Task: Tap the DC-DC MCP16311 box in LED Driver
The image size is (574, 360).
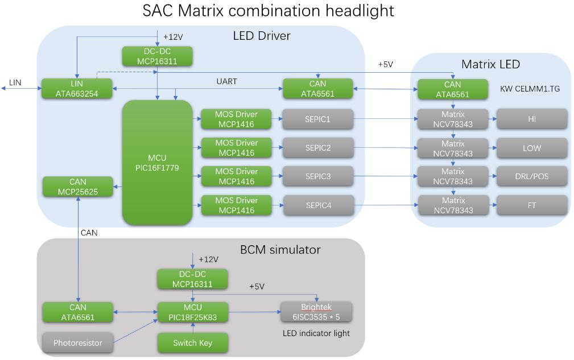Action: pos(157,56)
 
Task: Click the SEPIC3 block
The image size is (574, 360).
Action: pos(318,176)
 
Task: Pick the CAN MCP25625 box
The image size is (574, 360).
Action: pos(77,187)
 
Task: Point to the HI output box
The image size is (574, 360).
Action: pos(531,119)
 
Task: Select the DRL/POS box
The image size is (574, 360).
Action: pos(531,176)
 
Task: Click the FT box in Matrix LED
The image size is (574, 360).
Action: pos(531,205)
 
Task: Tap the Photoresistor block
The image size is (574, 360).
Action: pos(77,343)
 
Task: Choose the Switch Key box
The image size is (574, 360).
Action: pos(192,343)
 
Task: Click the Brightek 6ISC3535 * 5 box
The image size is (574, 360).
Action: pos(316,312)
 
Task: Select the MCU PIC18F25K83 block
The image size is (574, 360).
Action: pos(192,312)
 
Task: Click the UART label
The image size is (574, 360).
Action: pos(226,81)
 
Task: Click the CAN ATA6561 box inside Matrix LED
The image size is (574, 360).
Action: pos(452,89)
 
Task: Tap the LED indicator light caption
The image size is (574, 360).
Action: pos(316,333)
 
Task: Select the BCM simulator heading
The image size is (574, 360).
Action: pos(280,249)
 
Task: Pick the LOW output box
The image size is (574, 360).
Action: pos(531,148)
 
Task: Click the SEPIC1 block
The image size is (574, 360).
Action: pos(318,119)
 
